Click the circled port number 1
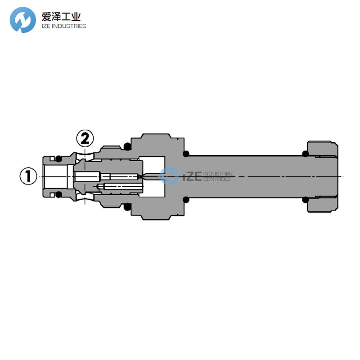[x=28, y=176]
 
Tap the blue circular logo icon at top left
[x=23, y=20]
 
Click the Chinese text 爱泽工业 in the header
[x=61, y=17]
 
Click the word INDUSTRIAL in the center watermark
[x=218, y=174]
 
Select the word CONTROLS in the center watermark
[x=217, y=179]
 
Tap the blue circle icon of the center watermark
[x=169, y=175]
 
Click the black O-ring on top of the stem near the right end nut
[x=306, y=154]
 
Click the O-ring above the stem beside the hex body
[x=185, y=154]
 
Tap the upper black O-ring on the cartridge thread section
[x=127, y=147]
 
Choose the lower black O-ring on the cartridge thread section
[x=127, y=207]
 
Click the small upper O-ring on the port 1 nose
[x=58, y=158]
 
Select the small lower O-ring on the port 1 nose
[x=58, y=195]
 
